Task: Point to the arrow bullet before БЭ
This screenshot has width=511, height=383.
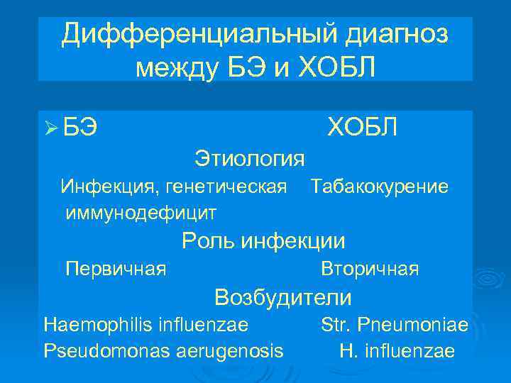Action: click(50, 128)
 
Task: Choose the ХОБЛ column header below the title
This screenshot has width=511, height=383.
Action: click(362, 127)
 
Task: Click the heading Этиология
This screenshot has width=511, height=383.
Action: click(250, 158)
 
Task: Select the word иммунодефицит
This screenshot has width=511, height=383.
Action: click(141, 211)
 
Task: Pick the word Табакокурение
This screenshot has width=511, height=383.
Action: click(379, 187)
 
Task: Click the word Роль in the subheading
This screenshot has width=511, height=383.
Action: click(209, 241)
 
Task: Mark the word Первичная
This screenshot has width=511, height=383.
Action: click(116, 269)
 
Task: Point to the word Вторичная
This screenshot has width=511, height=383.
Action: click(370, 269)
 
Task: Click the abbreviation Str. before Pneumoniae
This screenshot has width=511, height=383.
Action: click(334, 325)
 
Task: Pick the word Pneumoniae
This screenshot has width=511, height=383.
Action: click(412, 325)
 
